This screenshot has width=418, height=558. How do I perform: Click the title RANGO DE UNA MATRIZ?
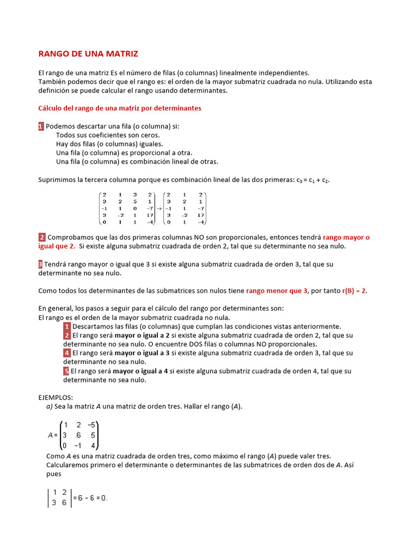[x=88, y=54]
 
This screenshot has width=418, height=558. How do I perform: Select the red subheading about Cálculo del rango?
[x=120, y=108]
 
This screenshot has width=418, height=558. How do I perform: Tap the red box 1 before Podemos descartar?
[x=41, y=126]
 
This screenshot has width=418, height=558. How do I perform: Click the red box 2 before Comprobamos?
[x=42, y=238]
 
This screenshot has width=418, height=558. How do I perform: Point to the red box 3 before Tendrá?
[x=40, y=264]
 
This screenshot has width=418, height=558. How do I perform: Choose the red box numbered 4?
[x=66, y=353]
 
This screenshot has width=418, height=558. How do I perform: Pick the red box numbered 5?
[x=66, y=371]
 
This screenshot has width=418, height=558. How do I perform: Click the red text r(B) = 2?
[x=354, y=291]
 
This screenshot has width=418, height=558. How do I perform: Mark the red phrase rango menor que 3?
[x=276, y=291]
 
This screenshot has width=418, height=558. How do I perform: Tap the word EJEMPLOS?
[x=56, y=398]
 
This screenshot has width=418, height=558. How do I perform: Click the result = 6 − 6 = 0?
[x=90, y=498]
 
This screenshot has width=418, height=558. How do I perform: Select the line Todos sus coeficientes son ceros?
[x=108, y=135]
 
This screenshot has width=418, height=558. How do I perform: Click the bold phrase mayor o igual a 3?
[x=142, y=353]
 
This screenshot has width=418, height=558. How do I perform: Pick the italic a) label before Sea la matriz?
[x=49, y=407]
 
